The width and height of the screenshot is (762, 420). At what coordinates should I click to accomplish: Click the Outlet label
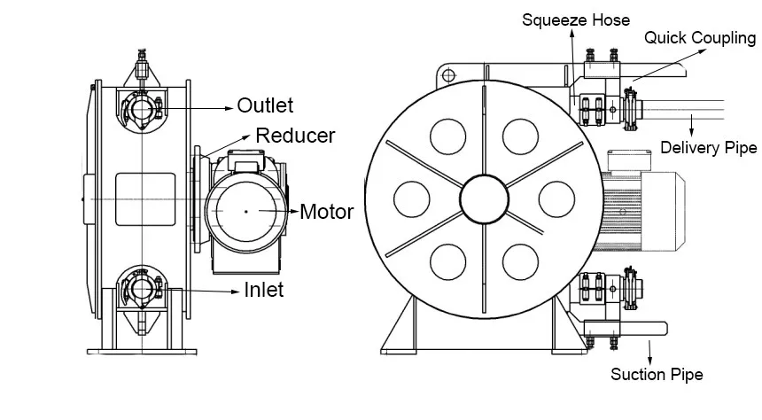click(265, 105)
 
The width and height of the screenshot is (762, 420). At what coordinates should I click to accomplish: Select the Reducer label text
click(295, 136)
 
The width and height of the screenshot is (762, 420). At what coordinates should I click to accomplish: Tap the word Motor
click(326, 212)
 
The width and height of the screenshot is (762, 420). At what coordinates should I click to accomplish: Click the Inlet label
click(263, 289)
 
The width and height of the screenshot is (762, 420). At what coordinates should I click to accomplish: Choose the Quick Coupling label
click(699, 38)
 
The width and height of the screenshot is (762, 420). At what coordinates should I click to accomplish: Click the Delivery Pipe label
click(709, 147)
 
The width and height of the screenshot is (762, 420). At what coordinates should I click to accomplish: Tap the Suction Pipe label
click(657, 375)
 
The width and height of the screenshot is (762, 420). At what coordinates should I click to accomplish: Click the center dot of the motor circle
click(246, 211)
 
